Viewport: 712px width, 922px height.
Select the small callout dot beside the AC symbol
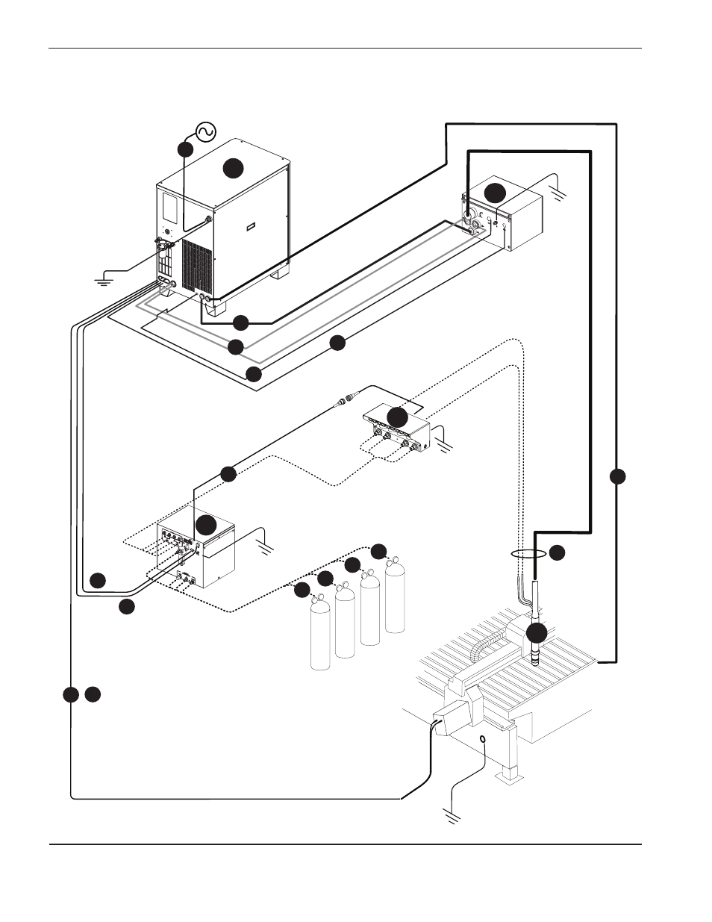[x=186, y=149]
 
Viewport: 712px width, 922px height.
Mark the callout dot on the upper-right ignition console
[x=495, y=192]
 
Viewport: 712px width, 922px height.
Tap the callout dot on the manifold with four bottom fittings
[x=398, y=418]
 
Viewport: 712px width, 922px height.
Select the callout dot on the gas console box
[x=206, y=524]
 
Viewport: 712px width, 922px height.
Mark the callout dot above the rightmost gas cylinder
[x=379, y=551]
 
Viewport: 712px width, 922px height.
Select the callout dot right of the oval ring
[x=558, y=553]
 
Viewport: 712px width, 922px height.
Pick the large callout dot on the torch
[x=536, y=634]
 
